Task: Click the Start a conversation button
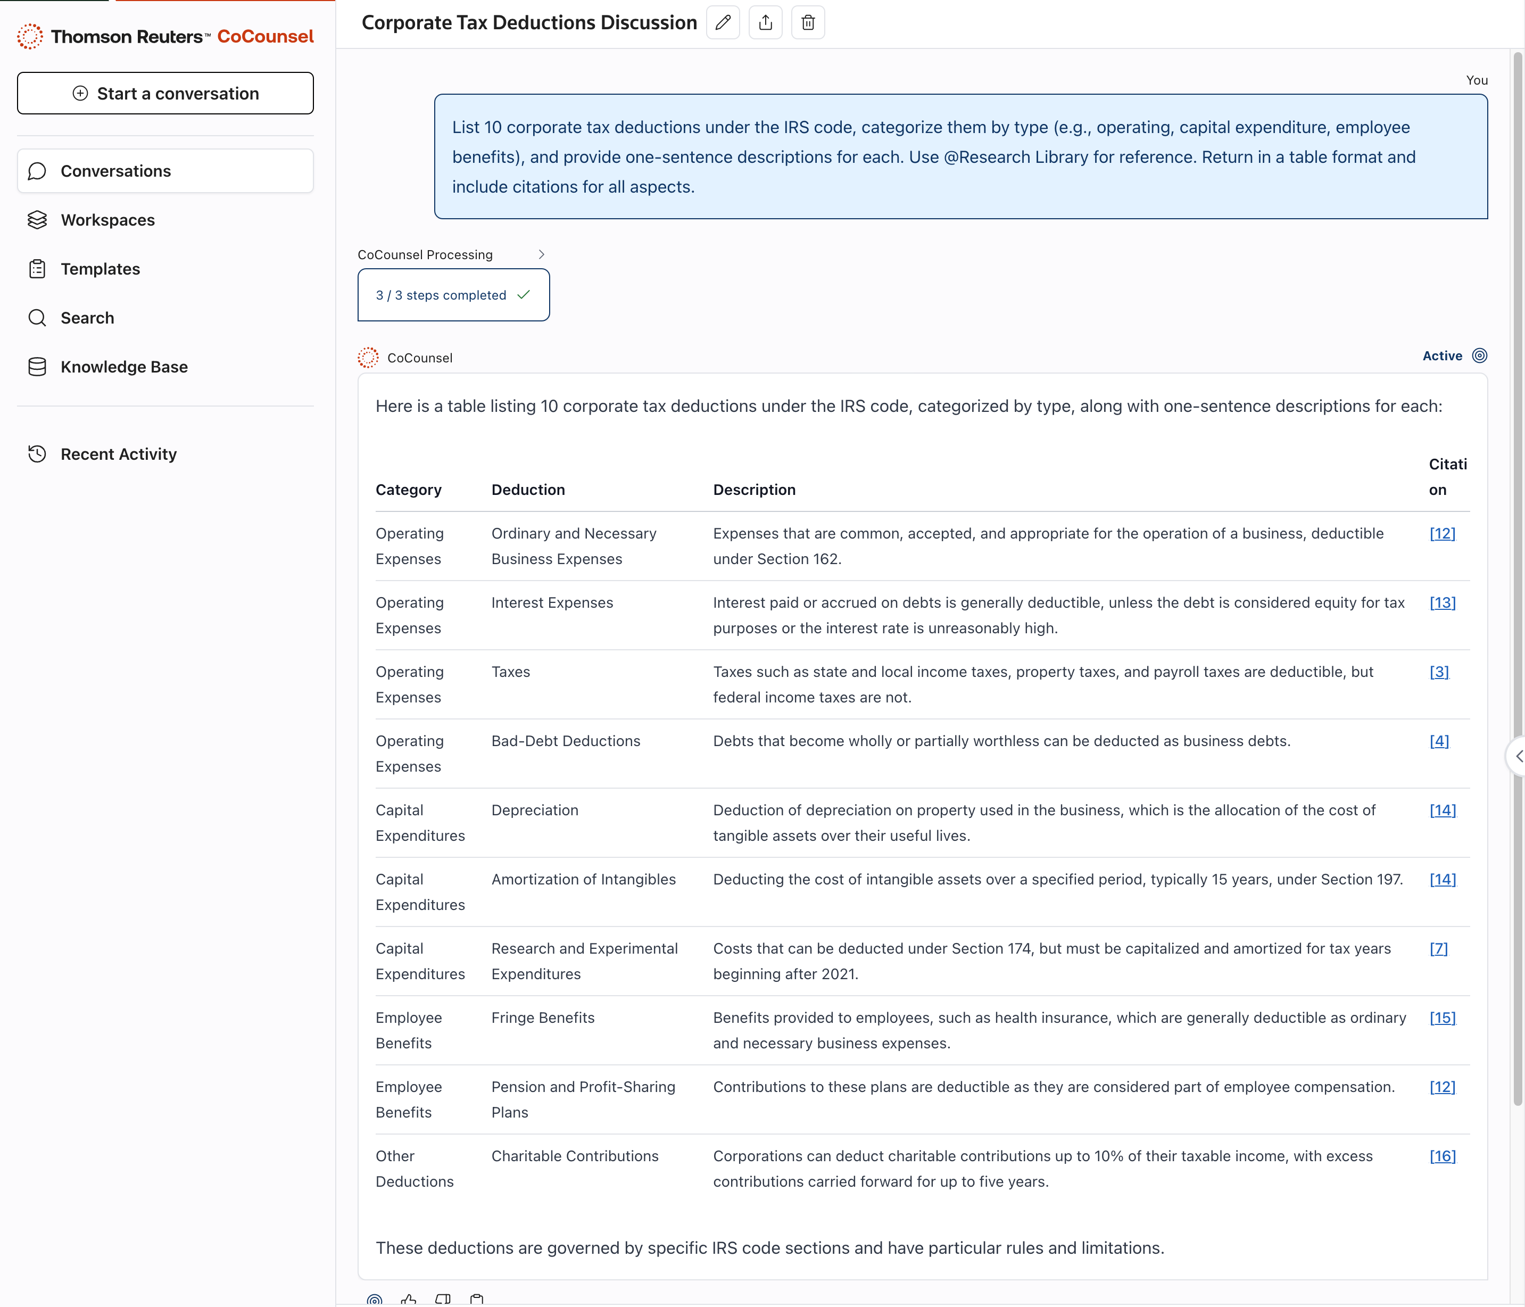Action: click(x=165, y=94)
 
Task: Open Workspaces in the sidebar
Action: click(x=107, y=220)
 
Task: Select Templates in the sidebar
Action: click(x=100, y=269)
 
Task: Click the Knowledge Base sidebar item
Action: click(x=123, y=367)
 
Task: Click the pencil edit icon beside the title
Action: click(x=722, y=23)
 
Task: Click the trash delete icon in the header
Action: click(x=807, y=23)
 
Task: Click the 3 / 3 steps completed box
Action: click(x=453, y=295)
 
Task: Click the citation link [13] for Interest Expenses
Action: click(x=1442, y=603)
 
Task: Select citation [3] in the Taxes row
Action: click(x=1439, y=672)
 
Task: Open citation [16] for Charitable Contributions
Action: click(x=1442, y=1156)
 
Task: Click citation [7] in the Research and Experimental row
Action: click(x=1438, y=949)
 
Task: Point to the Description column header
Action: click(x=753, y=490)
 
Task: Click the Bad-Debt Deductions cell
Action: click(x=565, y=741)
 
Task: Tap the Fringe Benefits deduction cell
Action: click(x=542, y=1018)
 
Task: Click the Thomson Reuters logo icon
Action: click(x=30, y=36)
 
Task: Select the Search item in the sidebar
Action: click(x=87, y=318)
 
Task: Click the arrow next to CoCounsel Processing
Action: click(x=541, y=254)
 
